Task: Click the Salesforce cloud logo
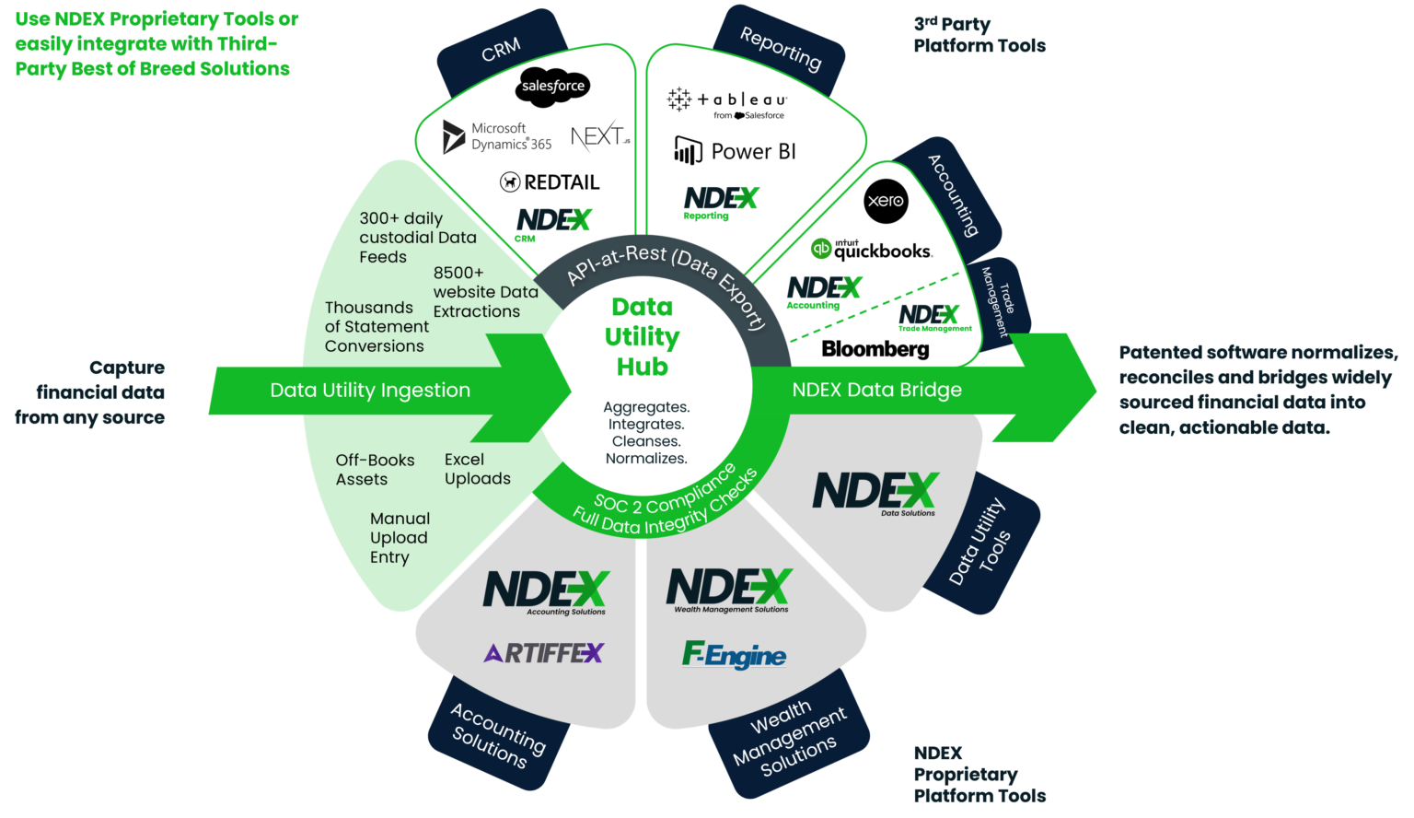[x=552, y=86]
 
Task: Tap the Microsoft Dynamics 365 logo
[x=498, y=137]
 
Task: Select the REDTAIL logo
[x=550, y=182]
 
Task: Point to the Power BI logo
[x=735, y=151]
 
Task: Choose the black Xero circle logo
[x=886, y=201]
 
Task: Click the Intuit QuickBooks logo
[x=871, y=250]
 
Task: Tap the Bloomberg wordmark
[x=875, y=349]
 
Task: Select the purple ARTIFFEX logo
[x=543, y=653]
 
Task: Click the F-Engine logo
[x=734, y=655]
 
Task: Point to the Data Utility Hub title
[x=642, y=336]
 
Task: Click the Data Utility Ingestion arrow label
[x=370, y=391]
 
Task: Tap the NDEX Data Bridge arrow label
[x=876, y=390]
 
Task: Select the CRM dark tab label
[x=501, y=50]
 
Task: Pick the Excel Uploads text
[x=477, y=469]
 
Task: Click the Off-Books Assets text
[x=375, y=470]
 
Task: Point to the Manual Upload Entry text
[x=400, y=538]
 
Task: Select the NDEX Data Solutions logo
[x=875, y=493]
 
